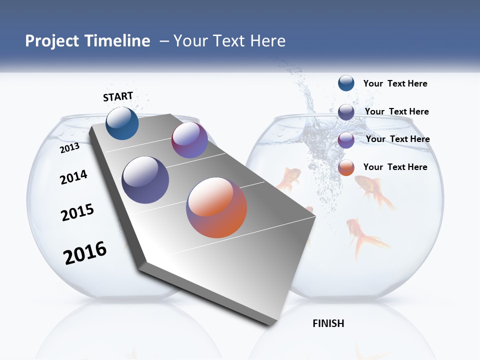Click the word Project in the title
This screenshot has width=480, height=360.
point(50,41)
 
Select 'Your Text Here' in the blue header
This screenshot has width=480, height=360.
point(229,41)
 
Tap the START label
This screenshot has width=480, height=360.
point(118,96)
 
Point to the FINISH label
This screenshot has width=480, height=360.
point(328,323)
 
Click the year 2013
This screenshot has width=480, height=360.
point(69,148)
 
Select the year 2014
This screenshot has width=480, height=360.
point(73,177)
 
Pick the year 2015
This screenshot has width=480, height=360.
point(77,212)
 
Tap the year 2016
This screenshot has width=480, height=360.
point(85,253)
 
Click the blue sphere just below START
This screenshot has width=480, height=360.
point(122,123)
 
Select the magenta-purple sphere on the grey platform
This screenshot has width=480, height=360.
point(189,139)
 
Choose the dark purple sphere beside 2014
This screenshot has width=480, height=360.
point(145,180)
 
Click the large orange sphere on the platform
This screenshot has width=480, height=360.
point(216,207)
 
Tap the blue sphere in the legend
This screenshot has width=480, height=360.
point(346,83)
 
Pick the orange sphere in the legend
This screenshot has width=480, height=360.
point(346,167)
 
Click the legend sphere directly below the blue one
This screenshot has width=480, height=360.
point(346,111)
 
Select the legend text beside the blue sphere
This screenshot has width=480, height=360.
point(395,83)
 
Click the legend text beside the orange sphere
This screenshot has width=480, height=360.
point(395,167)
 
